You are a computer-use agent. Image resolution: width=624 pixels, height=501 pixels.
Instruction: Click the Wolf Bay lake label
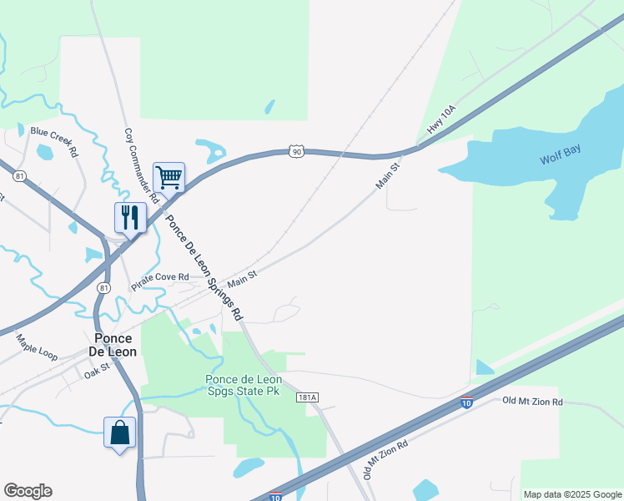560,154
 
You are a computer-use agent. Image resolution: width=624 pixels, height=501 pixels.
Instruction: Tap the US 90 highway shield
297,151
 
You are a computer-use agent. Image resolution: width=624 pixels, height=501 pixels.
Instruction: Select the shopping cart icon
169,177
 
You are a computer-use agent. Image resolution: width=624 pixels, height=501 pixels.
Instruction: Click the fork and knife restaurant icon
130,217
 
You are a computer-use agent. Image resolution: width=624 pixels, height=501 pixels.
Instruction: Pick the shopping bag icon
120,433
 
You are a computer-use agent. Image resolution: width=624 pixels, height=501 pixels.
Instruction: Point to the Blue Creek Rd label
54,141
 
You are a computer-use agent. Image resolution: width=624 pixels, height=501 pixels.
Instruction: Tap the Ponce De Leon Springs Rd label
204,268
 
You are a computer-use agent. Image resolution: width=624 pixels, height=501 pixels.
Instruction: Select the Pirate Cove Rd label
160,281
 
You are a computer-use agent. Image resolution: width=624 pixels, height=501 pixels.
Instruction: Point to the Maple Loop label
37,347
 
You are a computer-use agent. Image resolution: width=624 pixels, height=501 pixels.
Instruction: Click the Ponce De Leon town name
113,345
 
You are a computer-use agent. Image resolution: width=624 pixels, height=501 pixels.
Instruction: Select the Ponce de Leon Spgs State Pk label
244,386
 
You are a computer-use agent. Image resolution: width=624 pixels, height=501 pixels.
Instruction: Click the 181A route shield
307,398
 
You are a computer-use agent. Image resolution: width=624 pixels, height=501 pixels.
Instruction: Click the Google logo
28,491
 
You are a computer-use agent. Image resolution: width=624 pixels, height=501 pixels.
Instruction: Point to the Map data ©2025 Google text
571,494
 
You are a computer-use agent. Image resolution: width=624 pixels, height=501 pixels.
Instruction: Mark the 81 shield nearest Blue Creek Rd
20,175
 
